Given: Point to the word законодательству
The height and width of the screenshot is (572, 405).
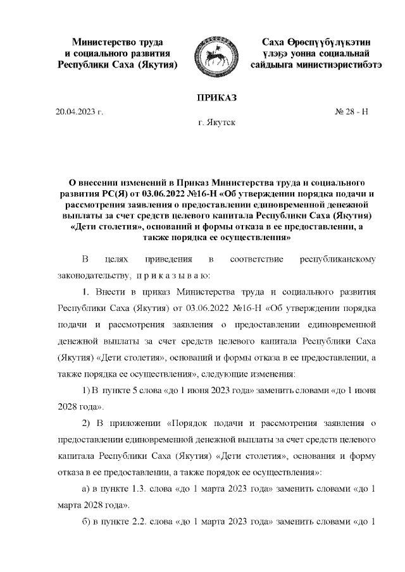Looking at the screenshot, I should point(93,276).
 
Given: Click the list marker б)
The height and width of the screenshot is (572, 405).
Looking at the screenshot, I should point(88,522).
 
